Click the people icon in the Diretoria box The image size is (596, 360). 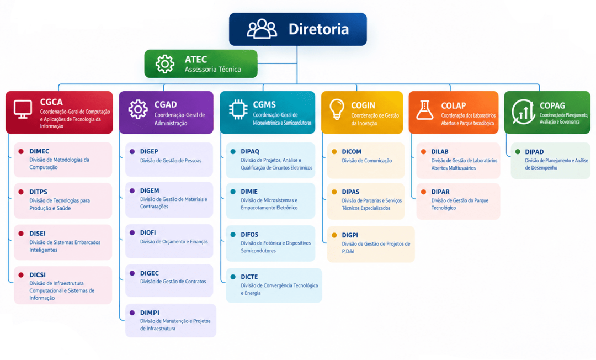tap(262, 29)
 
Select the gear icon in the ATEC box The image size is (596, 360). tap(165, 64)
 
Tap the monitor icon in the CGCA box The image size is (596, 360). tap(23, 109)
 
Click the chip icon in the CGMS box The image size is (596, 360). tap(238, 109)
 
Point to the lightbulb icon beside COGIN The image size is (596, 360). tap(337, 109)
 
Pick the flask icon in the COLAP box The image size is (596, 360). tap(424, 110)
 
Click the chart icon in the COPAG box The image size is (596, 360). tap(523, 112)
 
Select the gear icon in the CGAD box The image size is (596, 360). tap(138, 109)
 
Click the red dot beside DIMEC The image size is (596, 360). tap(21, 151)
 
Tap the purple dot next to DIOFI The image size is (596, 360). tap(132, 232)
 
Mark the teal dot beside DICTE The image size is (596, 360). tap(233, 277)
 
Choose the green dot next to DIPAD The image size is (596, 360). tap(517, 152)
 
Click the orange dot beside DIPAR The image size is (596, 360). tap(423, 192)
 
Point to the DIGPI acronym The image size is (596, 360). tap(350, 235)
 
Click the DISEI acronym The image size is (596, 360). tap(38, 234)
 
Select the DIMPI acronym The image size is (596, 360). tap(150, 313)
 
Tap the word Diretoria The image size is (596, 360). tap(318, 29)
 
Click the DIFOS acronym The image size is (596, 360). tap(249, 235)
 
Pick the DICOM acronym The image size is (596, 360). tap(352, 152)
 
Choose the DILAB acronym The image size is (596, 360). tap(440, 152)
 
